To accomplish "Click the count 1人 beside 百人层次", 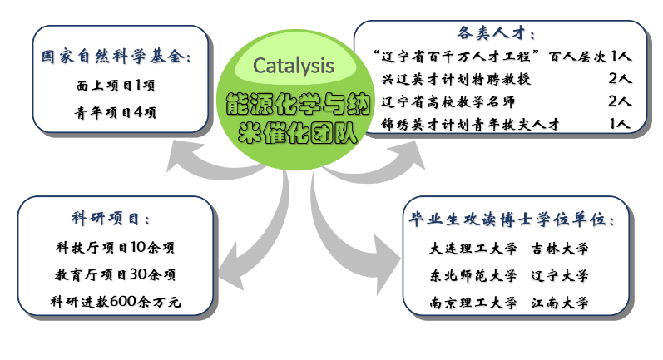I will tap(622, 57).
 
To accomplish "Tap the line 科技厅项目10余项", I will tap(115, 247).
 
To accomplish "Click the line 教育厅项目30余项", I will tap(115, 274).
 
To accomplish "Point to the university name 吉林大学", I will tap(560, 249).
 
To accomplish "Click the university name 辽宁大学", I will tap(560, 275).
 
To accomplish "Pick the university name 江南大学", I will tap(560, 302).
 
